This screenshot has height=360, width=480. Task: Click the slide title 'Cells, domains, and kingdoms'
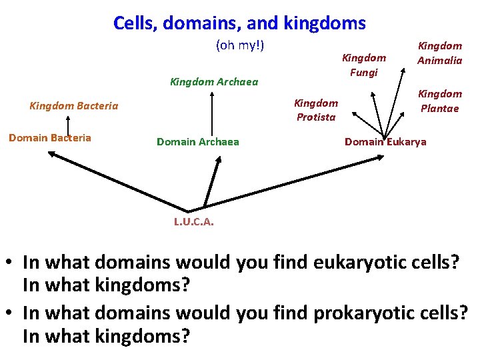tap(239, 23)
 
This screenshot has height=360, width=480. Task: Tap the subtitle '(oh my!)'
tap(240, 45)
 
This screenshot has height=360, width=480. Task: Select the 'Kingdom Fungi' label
tap(363, 65)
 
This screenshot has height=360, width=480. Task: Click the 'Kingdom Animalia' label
tap(439, 53)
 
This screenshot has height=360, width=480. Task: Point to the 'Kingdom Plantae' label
tap(439, 101)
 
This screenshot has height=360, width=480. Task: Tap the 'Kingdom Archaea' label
tap(214, 82)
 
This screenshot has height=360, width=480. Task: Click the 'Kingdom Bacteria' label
tap(74, 105)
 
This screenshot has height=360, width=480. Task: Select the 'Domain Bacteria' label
tap(49, 138)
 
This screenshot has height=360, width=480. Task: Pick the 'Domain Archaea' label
tap(197, 141)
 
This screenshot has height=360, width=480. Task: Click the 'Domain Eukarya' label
tap(385, 142)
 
